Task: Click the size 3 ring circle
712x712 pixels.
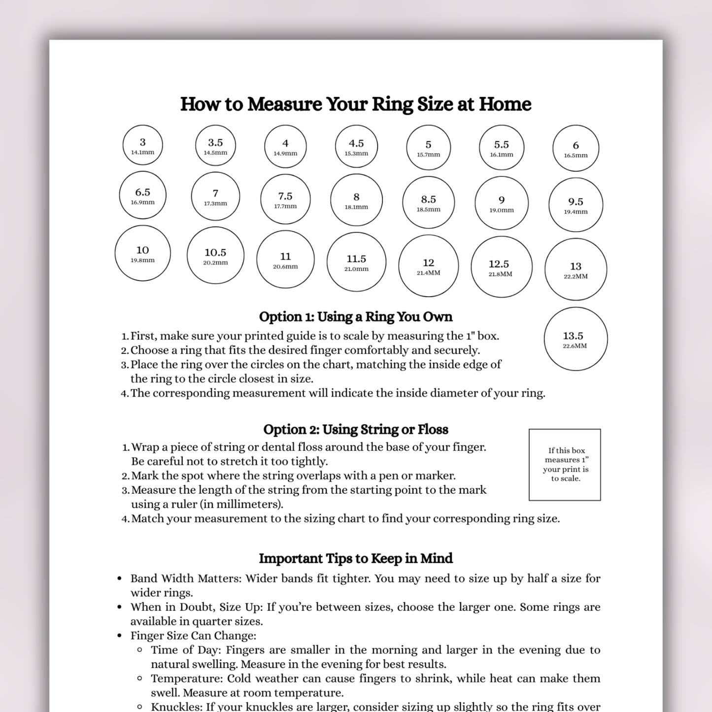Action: tap(142, 145)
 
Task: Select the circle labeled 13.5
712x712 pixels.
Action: tap(576, 339)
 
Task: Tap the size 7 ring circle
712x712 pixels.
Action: tap(215, 197)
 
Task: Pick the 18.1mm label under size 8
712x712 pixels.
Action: tap(356, 207)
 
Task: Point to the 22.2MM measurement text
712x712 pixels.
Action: tap(576, 276)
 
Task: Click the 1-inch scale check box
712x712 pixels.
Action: tap(565, 465)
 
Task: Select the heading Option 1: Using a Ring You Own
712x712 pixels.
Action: tap(355, 317)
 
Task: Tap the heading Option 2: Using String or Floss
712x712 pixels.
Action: tap(355, 430)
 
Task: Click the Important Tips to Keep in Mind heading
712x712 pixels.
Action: tap(355, 558)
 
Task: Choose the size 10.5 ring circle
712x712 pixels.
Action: tap(215, 255)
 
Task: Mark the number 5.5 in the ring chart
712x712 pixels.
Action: tap(501, 144)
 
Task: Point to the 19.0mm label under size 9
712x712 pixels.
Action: tap(501, 210)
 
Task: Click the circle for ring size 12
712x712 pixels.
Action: tap(428, 266)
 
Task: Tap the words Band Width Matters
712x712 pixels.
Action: tap(185, 578)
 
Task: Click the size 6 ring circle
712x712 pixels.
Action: tap(576, 148)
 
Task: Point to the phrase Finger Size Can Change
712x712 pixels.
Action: tap(193, 636)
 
